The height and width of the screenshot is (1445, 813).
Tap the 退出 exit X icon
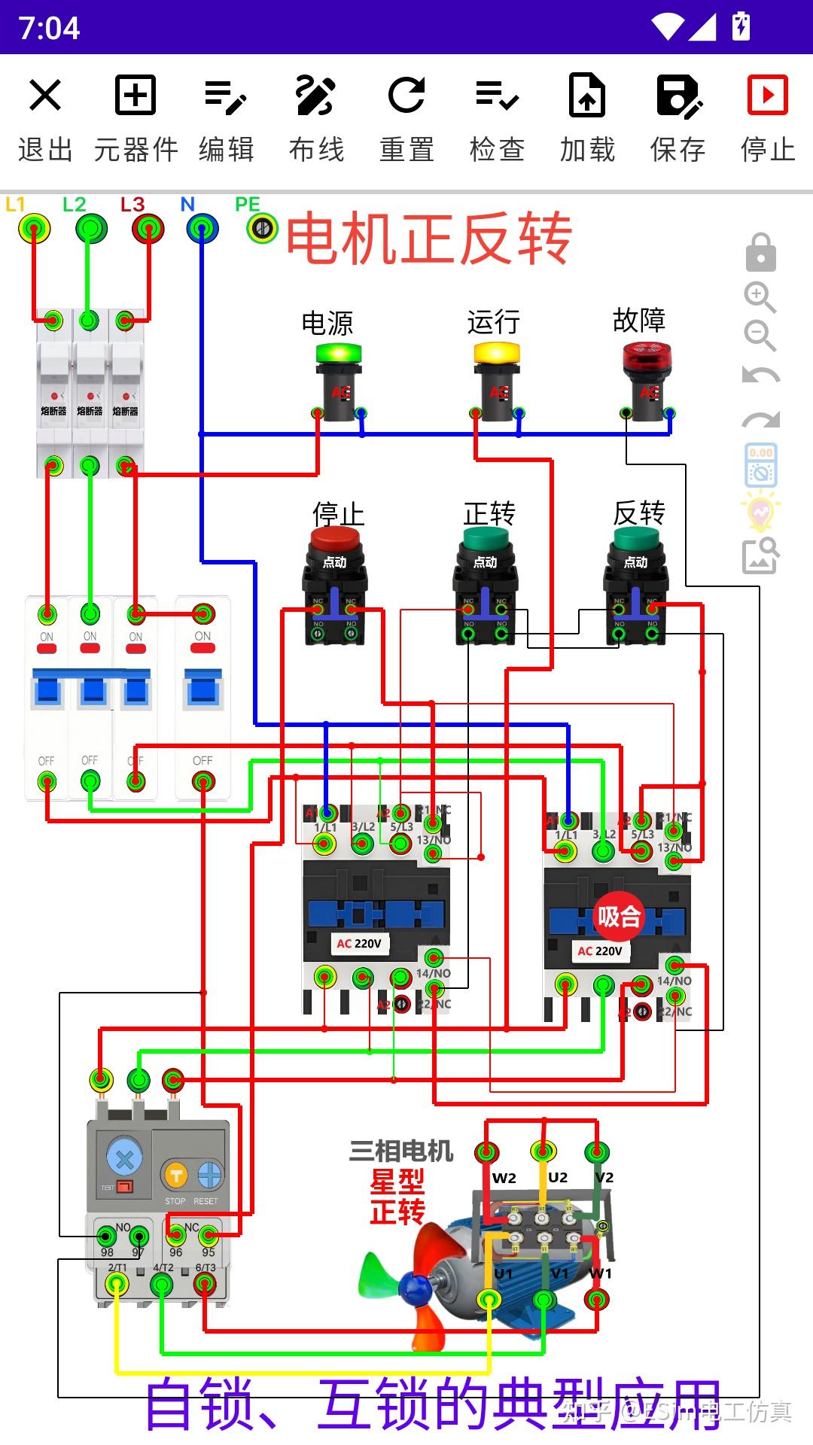tap(44, 96)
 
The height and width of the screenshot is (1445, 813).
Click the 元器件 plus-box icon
tap(135, 96)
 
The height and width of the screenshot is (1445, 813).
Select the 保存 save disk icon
tap(678, 96)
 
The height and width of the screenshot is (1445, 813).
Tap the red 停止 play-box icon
tap(767, 96)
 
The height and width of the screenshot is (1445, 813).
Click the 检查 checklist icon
tap(497, 96)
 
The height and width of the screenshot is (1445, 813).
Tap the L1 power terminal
tap(35, 228)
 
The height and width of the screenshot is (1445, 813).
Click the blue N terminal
tap(202, 228)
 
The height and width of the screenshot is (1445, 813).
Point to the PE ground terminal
tap(262, 227)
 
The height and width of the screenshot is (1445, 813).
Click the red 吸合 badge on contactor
tap(619, 917)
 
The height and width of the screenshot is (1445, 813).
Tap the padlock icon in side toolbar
tap(760, 252)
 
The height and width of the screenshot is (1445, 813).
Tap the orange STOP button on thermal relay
tap(175, 1175)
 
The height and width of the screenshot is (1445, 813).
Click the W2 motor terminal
tap(486, 1152)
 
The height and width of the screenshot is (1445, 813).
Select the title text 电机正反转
tap(428, 239)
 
